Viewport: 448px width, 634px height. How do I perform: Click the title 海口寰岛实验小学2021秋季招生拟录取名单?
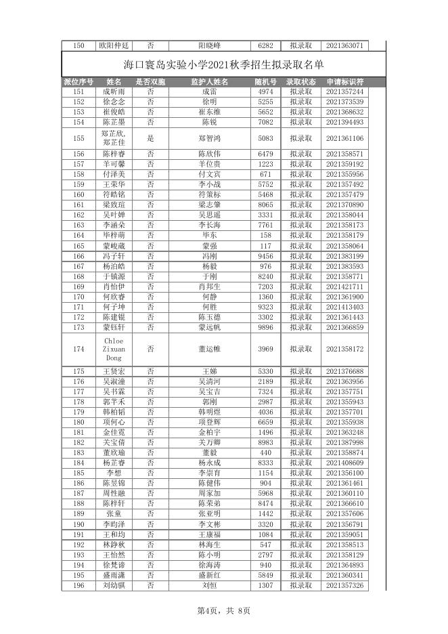(224, 65)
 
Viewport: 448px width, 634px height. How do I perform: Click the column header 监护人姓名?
(209, 82)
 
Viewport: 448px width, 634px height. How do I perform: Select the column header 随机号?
(265, 82)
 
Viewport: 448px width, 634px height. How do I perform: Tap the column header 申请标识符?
(344, 82)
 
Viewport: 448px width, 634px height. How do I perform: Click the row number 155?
(79, 138)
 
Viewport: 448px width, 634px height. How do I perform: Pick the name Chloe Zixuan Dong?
(114, 349)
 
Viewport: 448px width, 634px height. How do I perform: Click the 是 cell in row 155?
(150, 138)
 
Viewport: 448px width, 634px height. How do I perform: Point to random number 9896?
(265, 327)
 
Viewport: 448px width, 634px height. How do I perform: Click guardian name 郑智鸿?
(209, 138)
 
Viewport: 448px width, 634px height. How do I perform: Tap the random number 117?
(265, 246)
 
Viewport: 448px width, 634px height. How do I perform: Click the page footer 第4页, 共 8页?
(223, 610)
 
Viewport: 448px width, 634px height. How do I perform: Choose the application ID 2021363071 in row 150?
(344, 45)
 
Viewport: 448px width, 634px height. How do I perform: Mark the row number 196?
(79, 585)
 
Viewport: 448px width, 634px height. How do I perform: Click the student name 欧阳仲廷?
(114, 45)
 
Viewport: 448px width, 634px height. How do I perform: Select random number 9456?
(265, 257)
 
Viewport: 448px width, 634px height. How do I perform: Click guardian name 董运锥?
(209, 349)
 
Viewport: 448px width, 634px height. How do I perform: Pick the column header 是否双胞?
(150, 82)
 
